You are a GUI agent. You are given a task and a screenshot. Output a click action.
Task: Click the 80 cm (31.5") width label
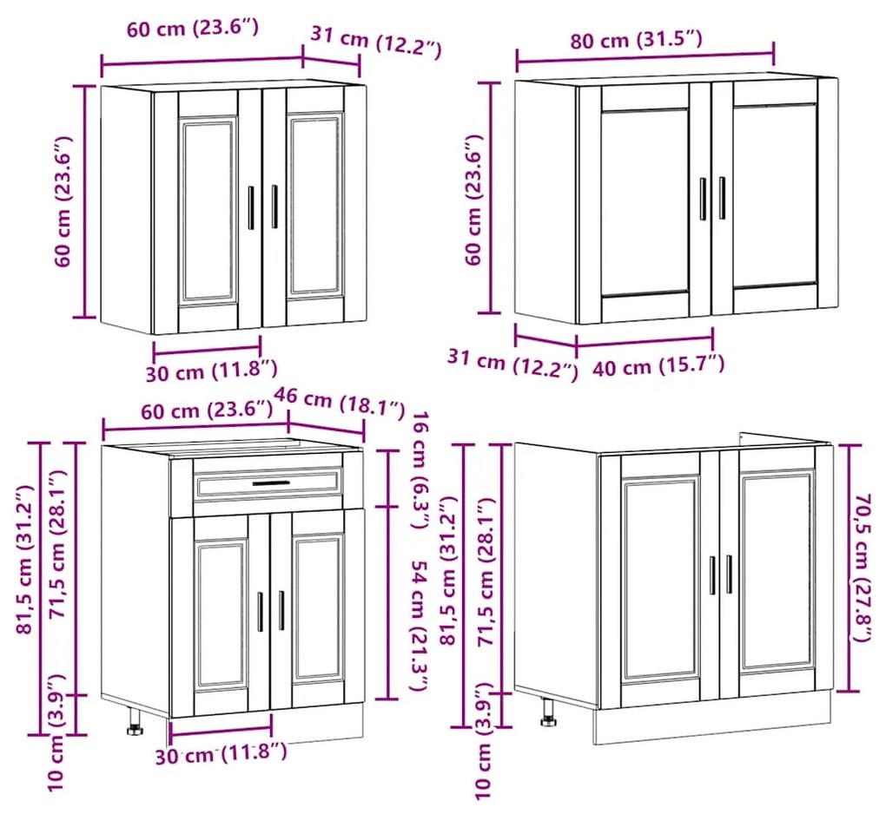click(636, 40)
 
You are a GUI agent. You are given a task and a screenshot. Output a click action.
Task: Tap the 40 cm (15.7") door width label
click(658, 366)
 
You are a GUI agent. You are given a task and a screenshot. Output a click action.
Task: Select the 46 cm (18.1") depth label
click(339, 401)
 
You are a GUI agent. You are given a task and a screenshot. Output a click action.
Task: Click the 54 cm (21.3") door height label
click(420, 626)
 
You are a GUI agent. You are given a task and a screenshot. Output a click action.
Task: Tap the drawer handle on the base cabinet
click(271, 483)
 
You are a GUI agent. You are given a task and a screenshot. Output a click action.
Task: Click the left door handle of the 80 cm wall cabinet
click(703, 199)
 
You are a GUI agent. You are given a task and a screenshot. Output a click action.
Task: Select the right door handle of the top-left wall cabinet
click(274, 207)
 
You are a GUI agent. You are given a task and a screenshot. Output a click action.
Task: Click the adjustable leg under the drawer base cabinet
click(135, 722)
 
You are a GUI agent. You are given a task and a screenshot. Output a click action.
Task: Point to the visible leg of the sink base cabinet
click(548, 712)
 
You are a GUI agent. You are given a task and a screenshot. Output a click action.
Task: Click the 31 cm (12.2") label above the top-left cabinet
click(376, 43)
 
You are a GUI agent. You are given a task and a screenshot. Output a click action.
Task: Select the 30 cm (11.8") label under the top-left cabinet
click(212, 371)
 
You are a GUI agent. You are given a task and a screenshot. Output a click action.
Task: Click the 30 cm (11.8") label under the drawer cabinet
click(221, 753)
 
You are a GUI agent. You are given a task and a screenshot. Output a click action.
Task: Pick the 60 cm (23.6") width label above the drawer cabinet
click(207, 410)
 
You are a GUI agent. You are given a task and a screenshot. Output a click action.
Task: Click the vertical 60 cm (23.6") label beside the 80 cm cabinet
click(474, 200)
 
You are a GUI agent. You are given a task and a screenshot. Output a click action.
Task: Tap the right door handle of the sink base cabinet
click(729, 574)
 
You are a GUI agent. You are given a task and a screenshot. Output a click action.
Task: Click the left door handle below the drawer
click(261, 611)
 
